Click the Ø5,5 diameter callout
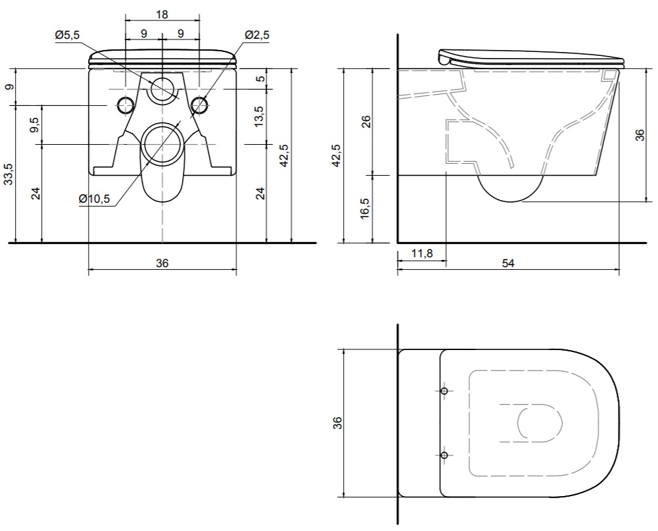[x=67, y=36]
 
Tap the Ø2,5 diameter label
[x=257, y=36]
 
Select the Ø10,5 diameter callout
[x=95, y=199]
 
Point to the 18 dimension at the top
[x=162, y=14]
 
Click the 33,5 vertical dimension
[x=10, y=174]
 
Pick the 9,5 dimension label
[x=36, y=125]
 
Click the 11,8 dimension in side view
[x=422, y=253]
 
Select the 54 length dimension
[x=508, y=263]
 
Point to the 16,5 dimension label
[x=365, y=209]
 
